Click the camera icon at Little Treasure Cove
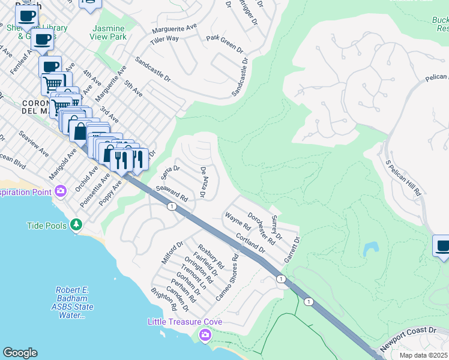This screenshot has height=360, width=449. [205, 334]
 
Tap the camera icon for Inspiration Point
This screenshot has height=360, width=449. [60, 191]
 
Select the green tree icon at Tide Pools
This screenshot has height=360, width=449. [76, 224]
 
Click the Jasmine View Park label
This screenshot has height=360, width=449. [109, 32]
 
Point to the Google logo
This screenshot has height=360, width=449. [20, 353]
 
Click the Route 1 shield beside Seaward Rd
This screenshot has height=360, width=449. [172, 206]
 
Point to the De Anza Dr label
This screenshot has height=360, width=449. [203, 182]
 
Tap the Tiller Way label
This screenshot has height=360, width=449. [164, 39]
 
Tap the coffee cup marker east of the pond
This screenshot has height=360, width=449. [442, 247]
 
